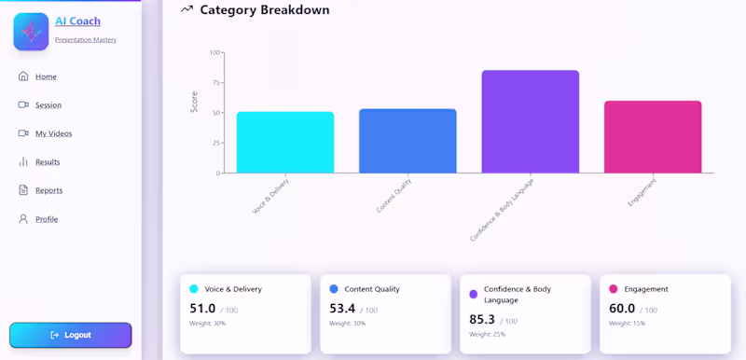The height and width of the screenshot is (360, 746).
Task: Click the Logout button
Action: [x=71, y=335]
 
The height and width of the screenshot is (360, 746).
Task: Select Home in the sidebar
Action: [x=46, y=76]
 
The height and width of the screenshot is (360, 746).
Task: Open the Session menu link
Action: [x=48, y=105]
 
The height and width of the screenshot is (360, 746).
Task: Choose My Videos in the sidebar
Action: [x=53, y=133]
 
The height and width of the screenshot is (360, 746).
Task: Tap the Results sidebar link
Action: [x=47, y=162]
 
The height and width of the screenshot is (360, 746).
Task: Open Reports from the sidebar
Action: [x=48, y=190]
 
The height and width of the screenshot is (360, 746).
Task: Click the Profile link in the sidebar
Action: [x=47, y=219]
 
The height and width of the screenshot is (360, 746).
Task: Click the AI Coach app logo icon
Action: [x=31, y=32]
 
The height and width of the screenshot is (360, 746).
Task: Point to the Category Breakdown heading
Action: [x=264, y=10]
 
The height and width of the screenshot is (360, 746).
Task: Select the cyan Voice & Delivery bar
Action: [x=284, y=142]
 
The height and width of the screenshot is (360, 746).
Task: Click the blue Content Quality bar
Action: [x=408, y=141]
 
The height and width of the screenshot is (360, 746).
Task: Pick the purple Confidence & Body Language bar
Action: [x=530, y=121]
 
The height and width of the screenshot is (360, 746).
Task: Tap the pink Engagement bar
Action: [x=653, y=136]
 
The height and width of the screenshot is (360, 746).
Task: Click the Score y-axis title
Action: [x=194, y=102]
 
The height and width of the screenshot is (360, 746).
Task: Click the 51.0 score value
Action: [x=202, y=309]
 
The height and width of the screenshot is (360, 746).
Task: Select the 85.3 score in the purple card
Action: [x=482, y=320]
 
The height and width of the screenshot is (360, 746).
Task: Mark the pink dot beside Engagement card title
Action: [x=614, y=289]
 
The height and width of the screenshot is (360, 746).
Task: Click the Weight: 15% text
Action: [x=628, y=324]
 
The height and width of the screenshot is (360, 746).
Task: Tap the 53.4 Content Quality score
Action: [x=342, y=309]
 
